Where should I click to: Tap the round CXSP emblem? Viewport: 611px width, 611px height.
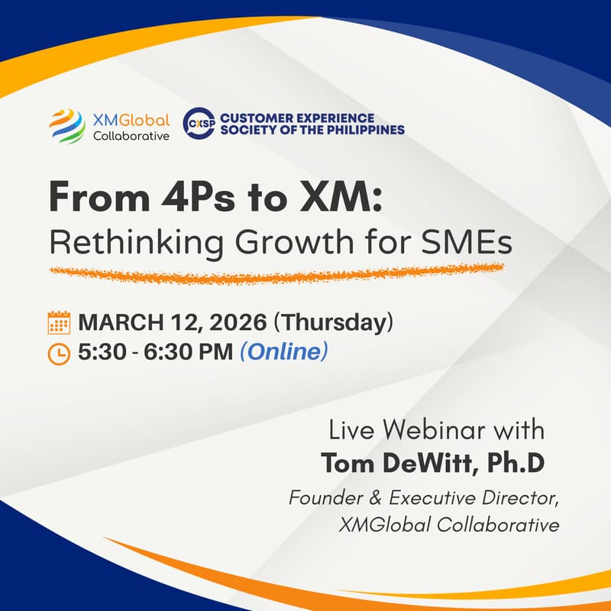199,124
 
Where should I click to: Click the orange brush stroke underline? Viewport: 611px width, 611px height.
275,273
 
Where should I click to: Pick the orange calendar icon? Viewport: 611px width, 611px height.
59,323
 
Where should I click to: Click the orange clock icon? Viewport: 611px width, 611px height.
59,354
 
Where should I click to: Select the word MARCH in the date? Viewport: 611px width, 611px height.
116,323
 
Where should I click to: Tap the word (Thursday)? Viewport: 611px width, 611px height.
334,323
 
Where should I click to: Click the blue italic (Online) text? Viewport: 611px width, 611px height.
283,353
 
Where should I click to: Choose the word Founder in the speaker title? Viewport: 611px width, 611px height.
325,498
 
